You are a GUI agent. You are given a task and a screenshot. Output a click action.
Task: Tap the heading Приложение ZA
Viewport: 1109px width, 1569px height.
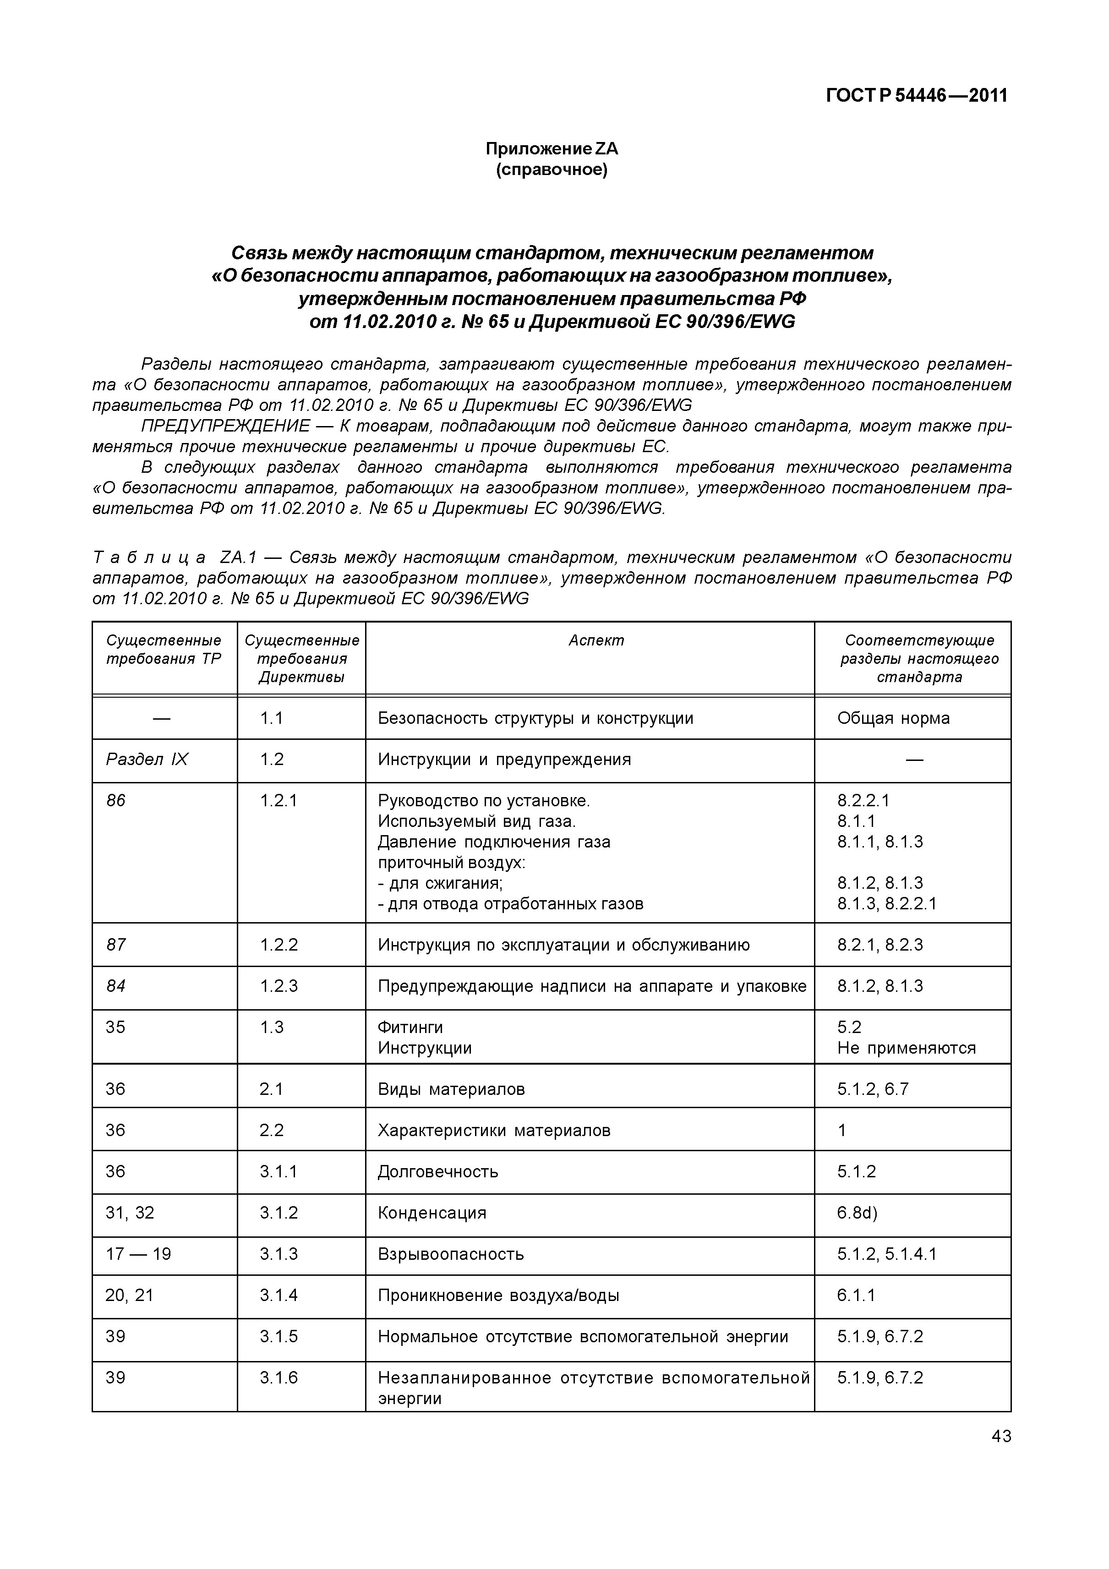coord(552,148)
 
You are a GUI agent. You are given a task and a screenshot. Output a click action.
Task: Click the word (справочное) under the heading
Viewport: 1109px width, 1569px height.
coord(552,169)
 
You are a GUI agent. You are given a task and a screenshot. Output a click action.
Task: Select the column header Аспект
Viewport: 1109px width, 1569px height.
coord(596,640)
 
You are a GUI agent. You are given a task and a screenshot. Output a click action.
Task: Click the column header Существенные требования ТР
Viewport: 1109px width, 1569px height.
coord(164,650)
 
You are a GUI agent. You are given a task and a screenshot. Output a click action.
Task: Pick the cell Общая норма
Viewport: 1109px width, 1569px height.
coord(893,718)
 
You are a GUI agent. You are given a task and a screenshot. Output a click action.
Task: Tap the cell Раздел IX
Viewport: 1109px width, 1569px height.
coord(147,759)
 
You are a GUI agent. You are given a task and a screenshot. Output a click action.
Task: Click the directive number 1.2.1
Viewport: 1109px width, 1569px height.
coord(278,800)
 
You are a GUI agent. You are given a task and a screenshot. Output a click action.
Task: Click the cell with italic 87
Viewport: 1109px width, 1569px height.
coord(116,945)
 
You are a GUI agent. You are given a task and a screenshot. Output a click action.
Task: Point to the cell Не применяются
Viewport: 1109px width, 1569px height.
coord(906,1048)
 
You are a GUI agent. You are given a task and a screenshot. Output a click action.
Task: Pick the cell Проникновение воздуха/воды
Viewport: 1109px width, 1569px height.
coord(498,1295)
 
